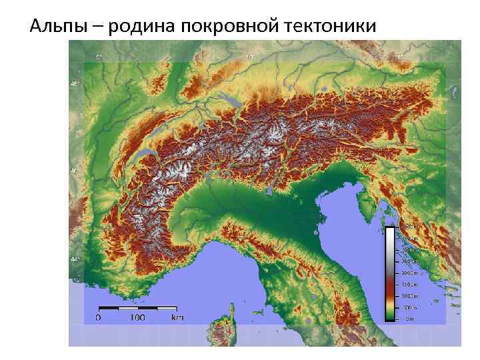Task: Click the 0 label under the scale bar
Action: [x=99, y=318]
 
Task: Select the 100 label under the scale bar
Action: [x=137, y=318]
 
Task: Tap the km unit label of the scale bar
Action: [x=177, y=318]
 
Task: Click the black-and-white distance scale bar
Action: [x=138, y=309]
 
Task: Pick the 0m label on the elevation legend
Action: [x=409, y=319]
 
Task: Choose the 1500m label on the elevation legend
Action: [x=409, y=285]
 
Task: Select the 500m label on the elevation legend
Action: [x=409, y=308]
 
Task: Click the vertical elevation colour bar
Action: [x=390, y=273]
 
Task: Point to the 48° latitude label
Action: [x=74, y=84]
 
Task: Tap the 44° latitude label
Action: [x=74, y=259]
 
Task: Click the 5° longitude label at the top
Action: [x=99, y=58]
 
